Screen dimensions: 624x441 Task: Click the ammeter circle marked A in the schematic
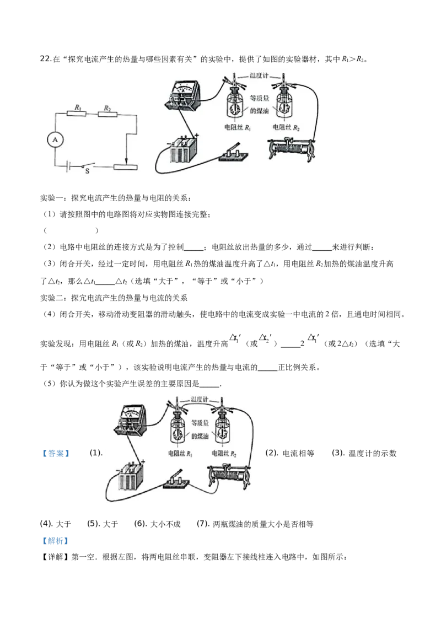tap(55, 140)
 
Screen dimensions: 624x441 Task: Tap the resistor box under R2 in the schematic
tap(106, 113)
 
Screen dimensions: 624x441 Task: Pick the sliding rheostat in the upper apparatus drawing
tap(291, 149)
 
